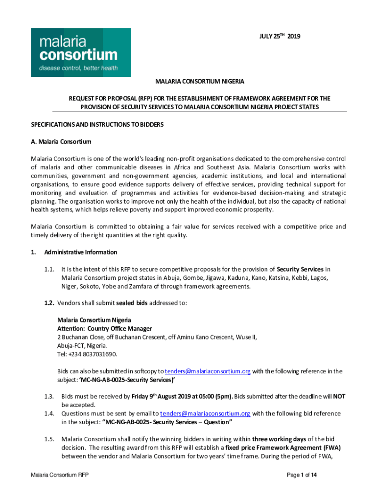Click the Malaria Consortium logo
(x=81, y=52)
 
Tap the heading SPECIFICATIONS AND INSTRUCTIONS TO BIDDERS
(x=97, y=125)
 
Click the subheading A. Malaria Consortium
(x=61, y=142)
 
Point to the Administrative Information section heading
(x=80, y=252)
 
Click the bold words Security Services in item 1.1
(x=300, y=269)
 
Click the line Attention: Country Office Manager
(x=104, y=328)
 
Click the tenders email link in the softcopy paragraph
(x=208, y=371)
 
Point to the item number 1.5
(x=48, y=439)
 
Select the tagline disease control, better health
(x=78, y=68)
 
